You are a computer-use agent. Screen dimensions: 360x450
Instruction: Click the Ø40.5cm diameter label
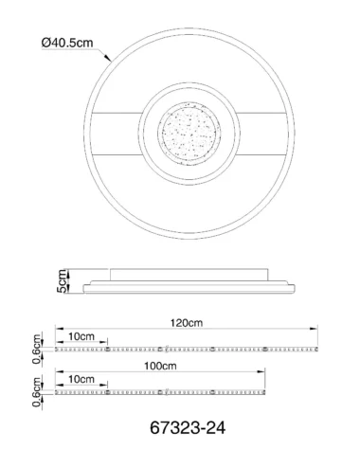point(67,43)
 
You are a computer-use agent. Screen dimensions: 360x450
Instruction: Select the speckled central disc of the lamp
point(189,133)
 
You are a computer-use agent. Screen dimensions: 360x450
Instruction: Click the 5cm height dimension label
point(63,281)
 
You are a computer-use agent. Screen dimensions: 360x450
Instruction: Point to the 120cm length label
point(187,323)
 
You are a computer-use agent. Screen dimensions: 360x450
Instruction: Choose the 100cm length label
point(160,366)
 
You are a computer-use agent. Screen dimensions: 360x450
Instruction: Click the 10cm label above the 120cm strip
point(81,336)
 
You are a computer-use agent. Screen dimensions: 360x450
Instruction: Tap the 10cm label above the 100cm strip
point(81,379)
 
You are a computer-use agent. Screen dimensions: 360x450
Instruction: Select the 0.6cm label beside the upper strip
point(37,349)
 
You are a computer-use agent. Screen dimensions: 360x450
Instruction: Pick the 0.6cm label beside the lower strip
point(37,392)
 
